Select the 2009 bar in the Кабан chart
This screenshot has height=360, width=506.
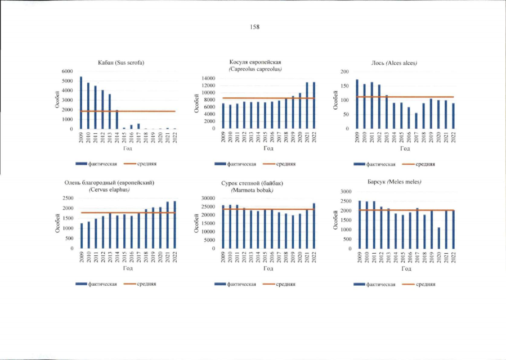click(x=81, y=103)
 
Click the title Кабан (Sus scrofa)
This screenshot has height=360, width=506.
click(x=122, y=62)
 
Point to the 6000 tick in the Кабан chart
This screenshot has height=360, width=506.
click(x=68, y=71)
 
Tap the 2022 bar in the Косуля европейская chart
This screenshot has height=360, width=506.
click(x=314, y=105)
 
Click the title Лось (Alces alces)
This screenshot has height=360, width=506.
click(x=400, y=62)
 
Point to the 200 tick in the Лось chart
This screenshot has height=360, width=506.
click(x=345, y=72)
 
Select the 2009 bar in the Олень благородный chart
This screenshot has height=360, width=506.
click(x=81, y=236)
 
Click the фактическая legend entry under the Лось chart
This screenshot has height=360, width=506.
click(x=379, y=164)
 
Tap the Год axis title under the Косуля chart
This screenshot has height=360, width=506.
click(x=268, y=148)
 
